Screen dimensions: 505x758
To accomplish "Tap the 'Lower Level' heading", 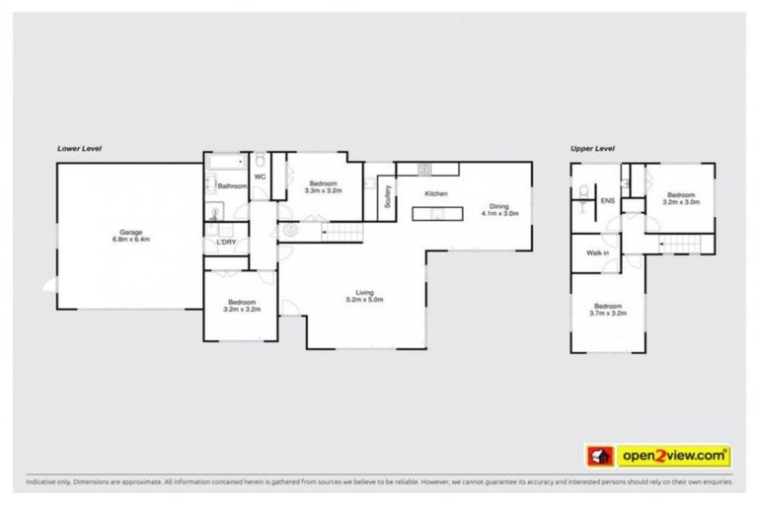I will click(80, 148).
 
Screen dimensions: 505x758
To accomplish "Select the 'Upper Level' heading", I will click(592, 148).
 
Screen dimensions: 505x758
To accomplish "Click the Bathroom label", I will click(232, 185).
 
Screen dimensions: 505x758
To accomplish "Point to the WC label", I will click(260, 177).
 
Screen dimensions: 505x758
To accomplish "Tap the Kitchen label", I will click(436, 193).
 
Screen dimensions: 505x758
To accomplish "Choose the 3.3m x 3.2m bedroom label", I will click(323, 187).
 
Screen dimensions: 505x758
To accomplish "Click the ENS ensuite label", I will click(607, 201).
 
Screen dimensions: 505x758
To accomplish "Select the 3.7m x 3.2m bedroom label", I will click(607, 310).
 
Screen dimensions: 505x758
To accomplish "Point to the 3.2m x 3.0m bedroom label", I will click(681, 198).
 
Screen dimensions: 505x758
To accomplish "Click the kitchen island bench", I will click(436, 211).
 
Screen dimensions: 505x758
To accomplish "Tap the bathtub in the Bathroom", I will click(226, 160).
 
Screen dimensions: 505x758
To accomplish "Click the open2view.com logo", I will click(658, 455).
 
